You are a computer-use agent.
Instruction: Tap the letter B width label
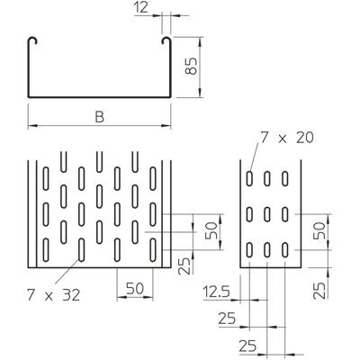tap(99, 117)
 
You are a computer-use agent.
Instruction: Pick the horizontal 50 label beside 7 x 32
tap(134, 290)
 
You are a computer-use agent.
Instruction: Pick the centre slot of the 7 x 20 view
tap(269, 215)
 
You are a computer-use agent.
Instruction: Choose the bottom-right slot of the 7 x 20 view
tap(285, 248)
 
